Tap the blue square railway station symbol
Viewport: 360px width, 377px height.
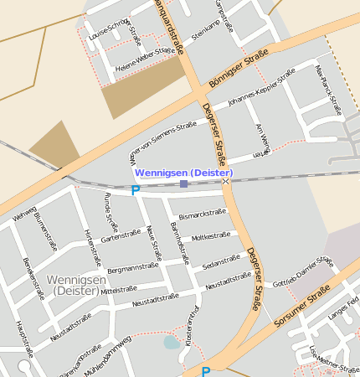184,183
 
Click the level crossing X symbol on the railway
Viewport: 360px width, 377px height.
225,181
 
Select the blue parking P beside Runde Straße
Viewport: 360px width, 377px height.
135,191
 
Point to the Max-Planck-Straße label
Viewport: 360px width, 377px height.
328,89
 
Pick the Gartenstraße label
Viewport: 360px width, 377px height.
121,236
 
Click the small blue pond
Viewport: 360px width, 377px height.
171,342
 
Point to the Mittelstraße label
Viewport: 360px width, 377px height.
118,290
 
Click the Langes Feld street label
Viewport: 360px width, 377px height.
344,309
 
